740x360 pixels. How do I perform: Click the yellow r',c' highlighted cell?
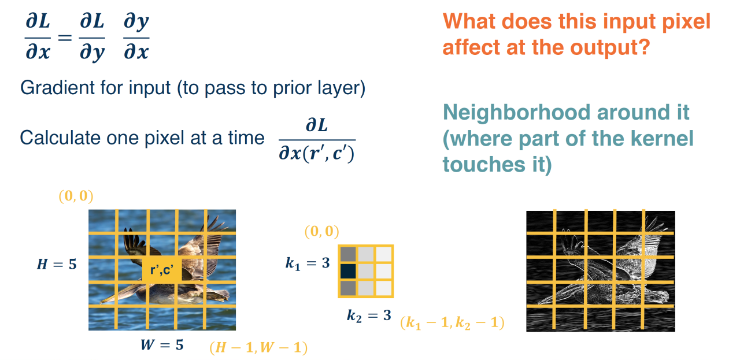162,270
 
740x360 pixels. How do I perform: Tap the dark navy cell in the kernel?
347,271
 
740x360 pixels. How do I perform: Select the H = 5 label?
56,265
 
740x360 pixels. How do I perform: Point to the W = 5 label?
162,345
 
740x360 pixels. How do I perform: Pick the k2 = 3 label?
369,316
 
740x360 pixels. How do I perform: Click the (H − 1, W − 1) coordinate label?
258,348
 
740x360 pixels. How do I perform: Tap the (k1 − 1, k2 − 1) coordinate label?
452,324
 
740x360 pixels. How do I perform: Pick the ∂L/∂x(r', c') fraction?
317,140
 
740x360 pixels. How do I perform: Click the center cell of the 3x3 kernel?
365,271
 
